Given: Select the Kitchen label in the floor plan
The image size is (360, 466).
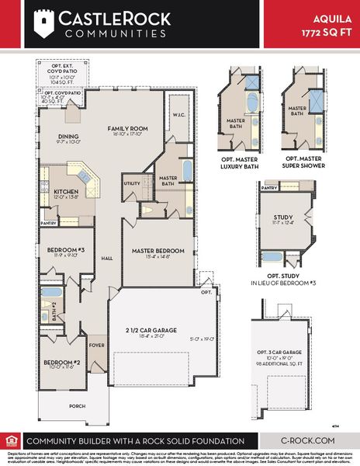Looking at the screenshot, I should (x=66, y=192).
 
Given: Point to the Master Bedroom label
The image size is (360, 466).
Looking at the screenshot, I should (x=157, y=251).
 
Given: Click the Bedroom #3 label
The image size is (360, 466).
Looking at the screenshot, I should (x=60, y=250).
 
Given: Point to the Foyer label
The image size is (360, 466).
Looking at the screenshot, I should (x=96, y=346).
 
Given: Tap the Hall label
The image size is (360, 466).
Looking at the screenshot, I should (x=108, y=259).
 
